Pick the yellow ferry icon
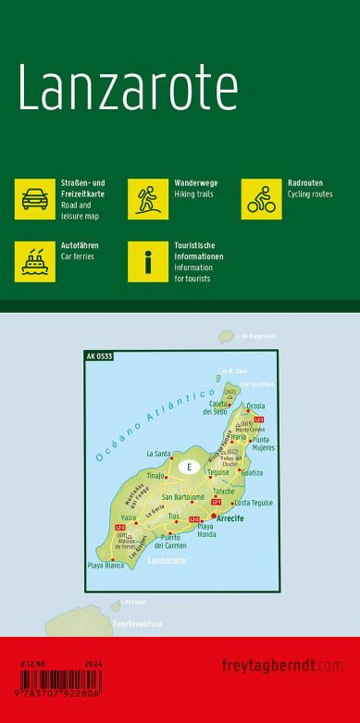[x=34, y=261]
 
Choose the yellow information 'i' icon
[x=147, y=261]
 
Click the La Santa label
[x=158, y=454]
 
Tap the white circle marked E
[x=189, y=466]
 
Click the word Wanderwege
[x=192, y=183]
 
